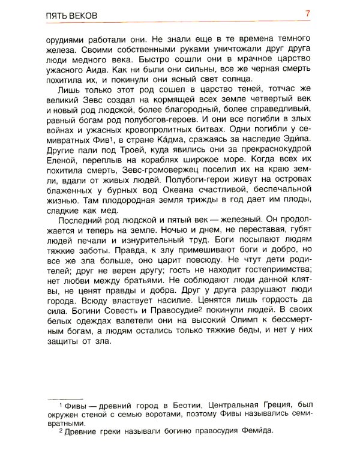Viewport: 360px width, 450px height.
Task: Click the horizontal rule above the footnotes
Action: coord(67,399)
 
